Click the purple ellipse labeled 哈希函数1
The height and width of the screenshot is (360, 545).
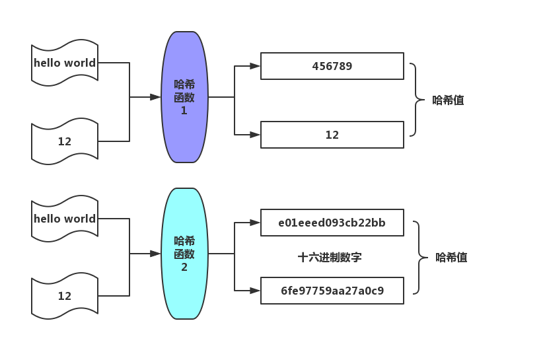(x=184, y=97)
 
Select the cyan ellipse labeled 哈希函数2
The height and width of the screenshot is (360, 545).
(x=184, y=254)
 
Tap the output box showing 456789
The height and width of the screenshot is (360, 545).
(x=332, y=66)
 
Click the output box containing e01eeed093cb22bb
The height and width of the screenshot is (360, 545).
(x=332, y=223)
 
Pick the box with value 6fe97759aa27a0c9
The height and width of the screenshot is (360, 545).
(x=332, y=291)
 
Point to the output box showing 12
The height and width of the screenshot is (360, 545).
(x=332, y=135)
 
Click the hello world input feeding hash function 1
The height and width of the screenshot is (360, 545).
(x=65, y=63)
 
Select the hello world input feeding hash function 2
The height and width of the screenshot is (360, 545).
(x=65, y=219)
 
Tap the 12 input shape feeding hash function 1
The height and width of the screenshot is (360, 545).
(x=65, y=141)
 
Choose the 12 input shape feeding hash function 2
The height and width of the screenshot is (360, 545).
(x=65, y=296)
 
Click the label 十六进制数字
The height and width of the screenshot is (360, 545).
(x=330, y=258)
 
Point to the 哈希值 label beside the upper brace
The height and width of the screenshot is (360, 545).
(x=448, y=100)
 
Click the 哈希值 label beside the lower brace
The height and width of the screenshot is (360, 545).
(x=451, y=258)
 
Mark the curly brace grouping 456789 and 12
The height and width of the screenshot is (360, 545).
(x=416, y=100)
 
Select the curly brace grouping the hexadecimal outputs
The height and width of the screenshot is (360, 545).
(x=419, y=258)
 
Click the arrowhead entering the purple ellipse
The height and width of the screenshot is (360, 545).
(x=156, y=97)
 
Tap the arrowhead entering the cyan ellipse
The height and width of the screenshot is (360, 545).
(x=156, y=254)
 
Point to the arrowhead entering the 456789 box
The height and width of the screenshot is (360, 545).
(x=255, y=66)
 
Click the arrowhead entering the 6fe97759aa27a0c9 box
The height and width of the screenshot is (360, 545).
(x=255, y=291)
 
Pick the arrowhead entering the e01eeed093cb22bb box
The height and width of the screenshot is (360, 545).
(x=255, y=223)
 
